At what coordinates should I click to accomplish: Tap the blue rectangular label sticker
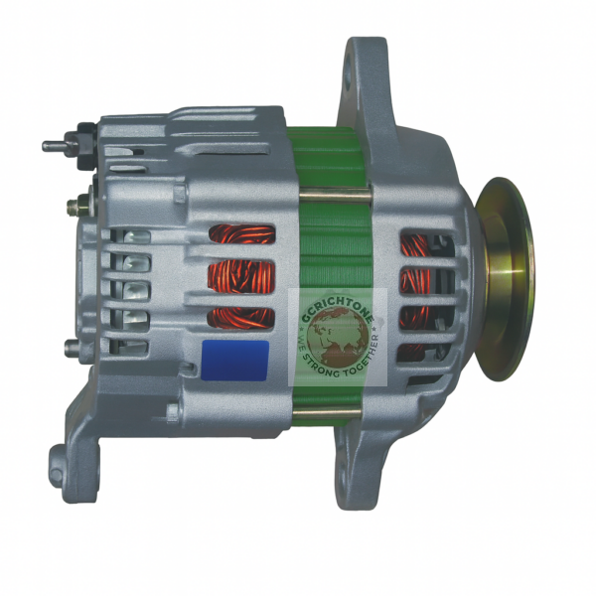234,359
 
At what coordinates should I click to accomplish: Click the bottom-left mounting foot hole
63,459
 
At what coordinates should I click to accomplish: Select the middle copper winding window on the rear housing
240,276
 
